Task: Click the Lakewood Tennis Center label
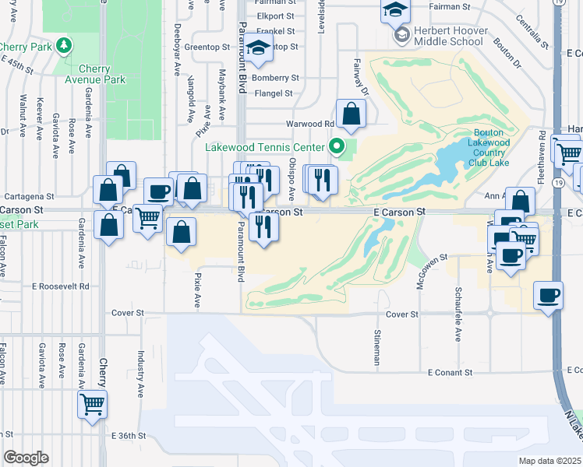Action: coord(264,147)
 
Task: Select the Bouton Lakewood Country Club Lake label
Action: coord(489,142)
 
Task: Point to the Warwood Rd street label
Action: coord(310,124)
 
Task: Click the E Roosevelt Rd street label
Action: coord(61,286)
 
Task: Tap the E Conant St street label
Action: coord(450,372)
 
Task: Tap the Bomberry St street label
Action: coord(275,78)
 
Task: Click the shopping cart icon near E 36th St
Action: coord(93,404)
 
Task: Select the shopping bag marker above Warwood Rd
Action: coord(351,113)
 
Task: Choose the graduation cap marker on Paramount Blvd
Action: coord(259,48)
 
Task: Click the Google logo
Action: coord(26,458)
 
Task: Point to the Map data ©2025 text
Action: coord(550,461)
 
